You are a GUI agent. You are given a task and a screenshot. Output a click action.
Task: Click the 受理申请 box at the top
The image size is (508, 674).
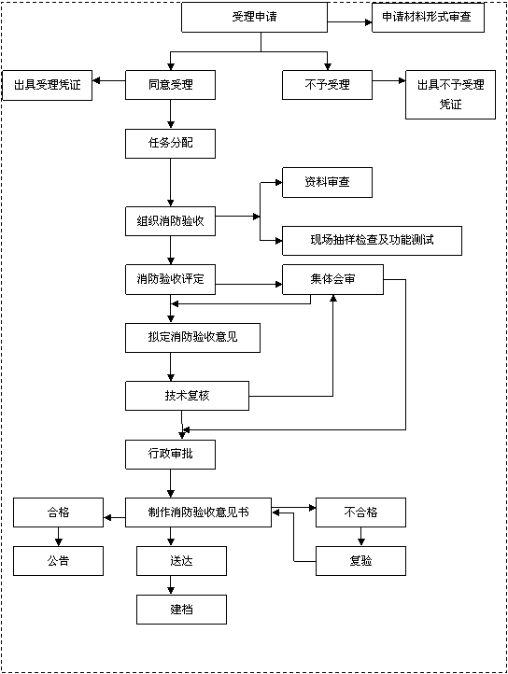[254, 17]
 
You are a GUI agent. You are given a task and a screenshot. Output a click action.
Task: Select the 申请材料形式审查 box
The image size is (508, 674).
[428, 17]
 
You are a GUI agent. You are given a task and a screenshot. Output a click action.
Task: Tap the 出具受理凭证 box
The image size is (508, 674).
[47, 85]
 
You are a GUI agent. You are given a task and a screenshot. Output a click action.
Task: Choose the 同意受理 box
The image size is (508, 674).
[170, 85]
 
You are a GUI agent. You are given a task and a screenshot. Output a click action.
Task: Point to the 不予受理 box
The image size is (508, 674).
[327, 85]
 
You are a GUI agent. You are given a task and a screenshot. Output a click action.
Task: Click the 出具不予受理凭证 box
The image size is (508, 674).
[450, 94]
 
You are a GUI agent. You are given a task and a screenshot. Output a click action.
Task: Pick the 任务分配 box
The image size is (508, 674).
[170, 143]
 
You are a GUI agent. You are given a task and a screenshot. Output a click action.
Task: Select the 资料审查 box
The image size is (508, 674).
[327, 182]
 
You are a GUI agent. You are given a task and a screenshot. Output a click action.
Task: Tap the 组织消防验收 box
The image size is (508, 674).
[170, 221]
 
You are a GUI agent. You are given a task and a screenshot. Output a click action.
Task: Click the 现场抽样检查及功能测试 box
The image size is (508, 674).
[372, 240]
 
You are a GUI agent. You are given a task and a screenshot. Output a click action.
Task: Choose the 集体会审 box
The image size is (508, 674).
[332, 279]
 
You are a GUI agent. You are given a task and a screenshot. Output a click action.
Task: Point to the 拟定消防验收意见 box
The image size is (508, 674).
[192, 338]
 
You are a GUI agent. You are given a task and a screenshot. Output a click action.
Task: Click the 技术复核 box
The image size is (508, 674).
[187, 396]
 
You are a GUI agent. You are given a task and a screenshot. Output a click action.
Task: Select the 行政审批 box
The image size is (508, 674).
[170, 455]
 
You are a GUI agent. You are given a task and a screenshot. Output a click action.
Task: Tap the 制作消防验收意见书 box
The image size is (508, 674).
[198, 513]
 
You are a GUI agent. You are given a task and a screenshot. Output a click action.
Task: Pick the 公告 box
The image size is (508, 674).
[58, 561]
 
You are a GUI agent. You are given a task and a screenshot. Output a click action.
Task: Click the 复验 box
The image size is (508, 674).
[360, 561]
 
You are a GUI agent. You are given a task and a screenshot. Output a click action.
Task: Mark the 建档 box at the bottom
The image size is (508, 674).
[181, 610]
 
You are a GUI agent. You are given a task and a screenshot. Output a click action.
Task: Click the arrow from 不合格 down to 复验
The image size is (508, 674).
[360, 537]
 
